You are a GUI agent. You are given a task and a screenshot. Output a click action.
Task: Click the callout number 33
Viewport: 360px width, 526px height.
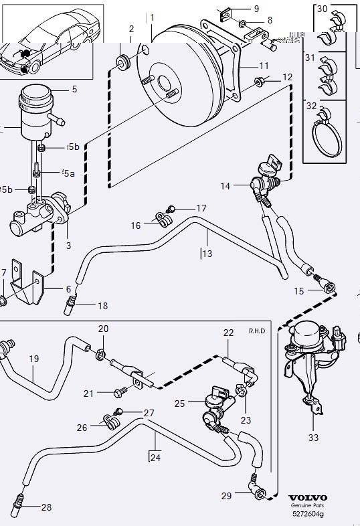tap(314, 438)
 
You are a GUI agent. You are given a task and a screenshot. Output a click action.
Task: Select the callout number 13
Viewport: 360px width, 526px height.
tap(207, 254)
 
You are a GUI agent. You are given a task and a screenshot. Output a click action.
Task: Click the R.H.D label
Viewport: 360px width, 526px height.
tap(257, 331)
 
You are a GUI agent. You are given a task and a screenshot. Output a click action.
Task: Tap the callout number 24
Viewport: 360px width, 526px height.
tap(155, 458)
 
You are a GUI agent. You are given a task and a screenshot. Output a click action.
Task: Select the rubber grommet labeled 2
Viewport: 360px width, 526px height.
tap(122, 62)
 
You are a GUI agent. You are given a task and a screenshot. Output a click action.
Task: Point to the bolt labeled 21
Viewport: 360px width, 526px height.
tap(121, 393)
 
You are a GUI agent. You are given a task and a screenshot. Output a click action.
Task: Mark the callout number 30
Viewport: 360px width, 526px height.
tap(323, 9)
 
